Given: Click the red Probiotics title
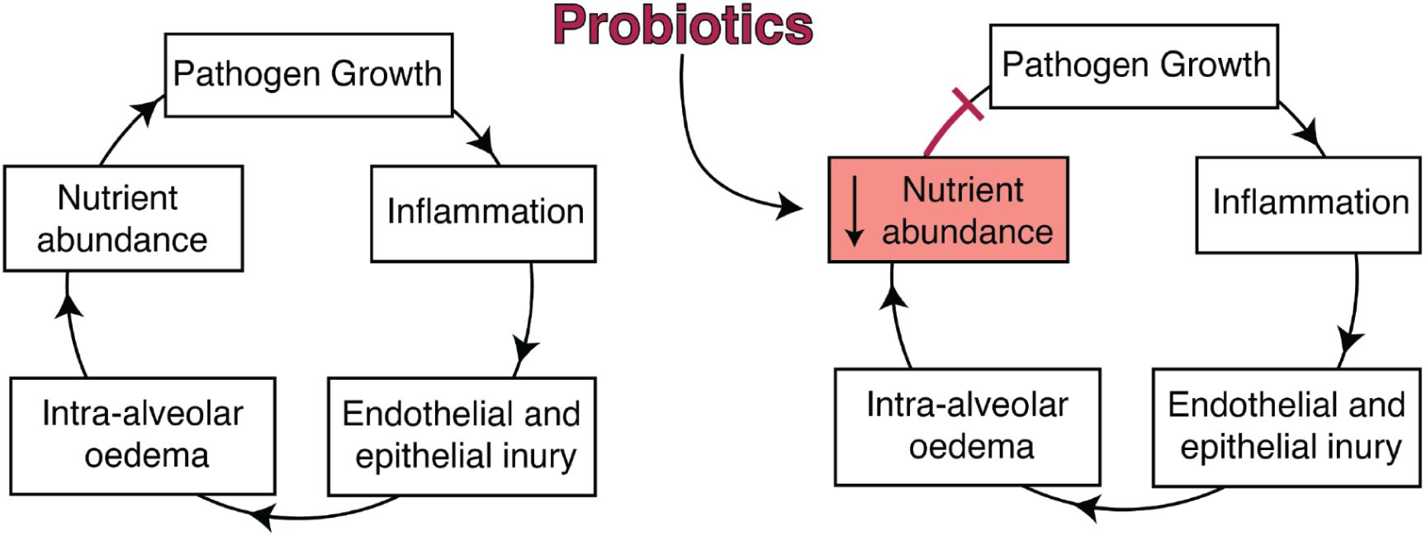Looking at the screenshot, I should tap(683, 25).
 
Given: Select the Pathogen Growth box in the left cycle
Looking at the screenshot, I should tap(308, 75).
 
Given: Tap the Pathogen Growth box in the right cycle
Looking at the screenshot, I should tap(1134, 66).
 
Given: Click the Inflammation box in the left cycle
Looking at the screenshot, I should tap(483, 213).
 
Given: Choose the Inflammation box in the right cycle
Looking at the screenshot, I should tap(1308, 204).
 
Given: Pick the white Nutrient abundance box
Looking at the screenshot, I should tap(123, 218).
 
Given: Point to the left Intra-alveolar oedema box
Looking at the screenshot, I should tap(142, 435).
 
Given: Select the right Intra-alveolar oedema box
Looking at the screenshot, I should tap(967, 426).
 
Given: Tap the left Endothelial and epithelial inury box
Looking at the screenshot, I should tap(462, 435).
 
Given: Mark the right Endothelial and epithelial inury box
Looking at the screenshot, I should tap(1286, 426).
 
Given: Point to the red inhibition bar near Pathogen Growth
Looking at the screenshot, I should tap(967, 105).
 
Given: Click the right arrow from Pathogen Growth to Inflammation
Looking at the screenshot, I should tap(1305, 128).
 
